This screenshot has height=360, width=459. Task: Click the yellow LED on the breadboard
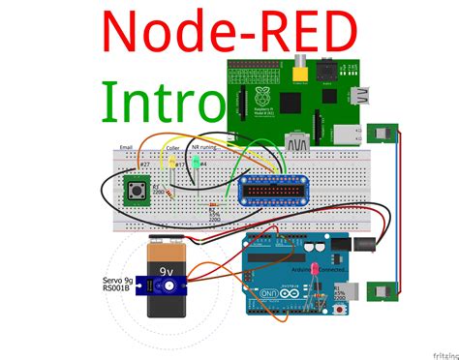coord(173,165)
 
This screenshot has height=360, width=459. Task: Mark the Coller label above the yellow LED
coord(173,148)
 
